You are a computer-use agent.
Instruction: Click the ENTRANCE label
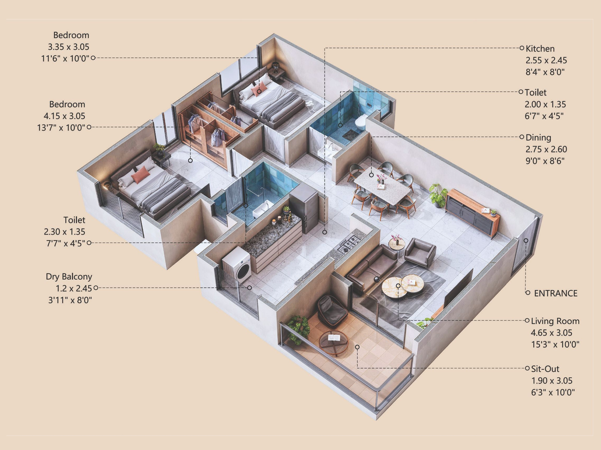[556, 293]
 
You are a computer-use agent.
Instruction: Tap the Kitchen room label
[540, 49]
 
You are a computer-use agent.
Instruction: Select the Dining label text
[538, 138]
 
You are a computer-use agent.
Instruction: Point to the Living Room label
[555, 321]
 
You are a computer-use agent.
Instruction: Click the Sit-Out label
[545, 369]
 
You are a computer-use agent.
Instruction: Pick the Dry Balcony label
[69, 277]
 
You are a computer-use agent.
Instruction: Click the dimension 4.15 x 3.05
[64, 116]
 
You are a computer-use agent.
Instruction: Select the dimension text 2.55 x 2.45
[546, 60]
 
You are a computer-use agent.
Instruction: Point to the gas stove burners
[349, 244]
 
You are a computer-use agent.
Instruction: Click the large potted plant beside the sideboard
[438, 194]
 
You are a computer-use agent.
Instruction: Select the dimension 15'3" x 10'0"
[555, 345]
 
